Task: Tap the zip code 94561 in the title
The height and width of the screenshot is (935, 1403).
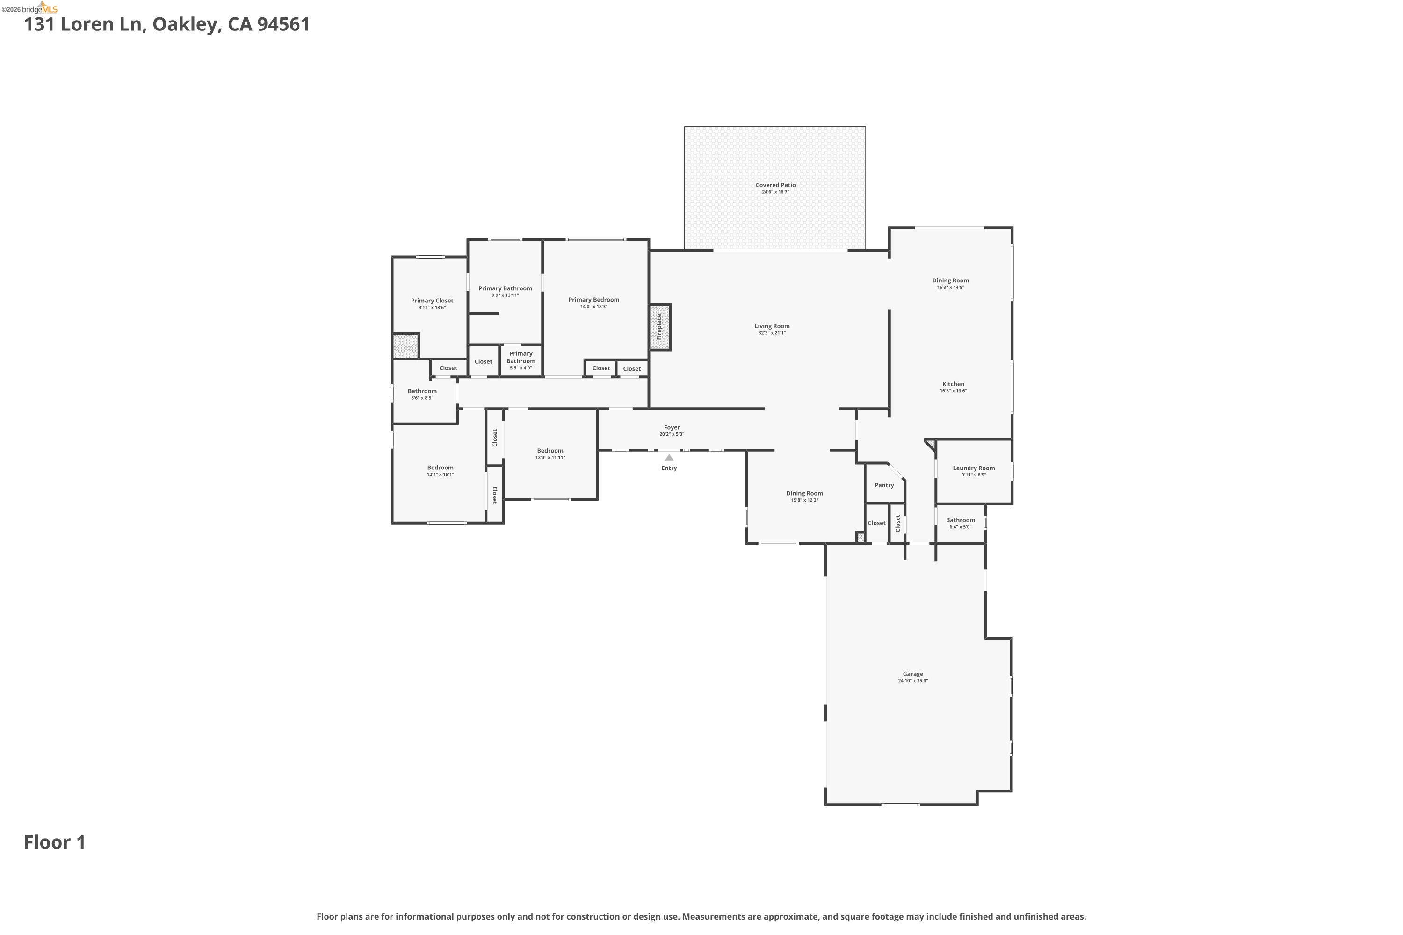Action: [284, 24]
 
